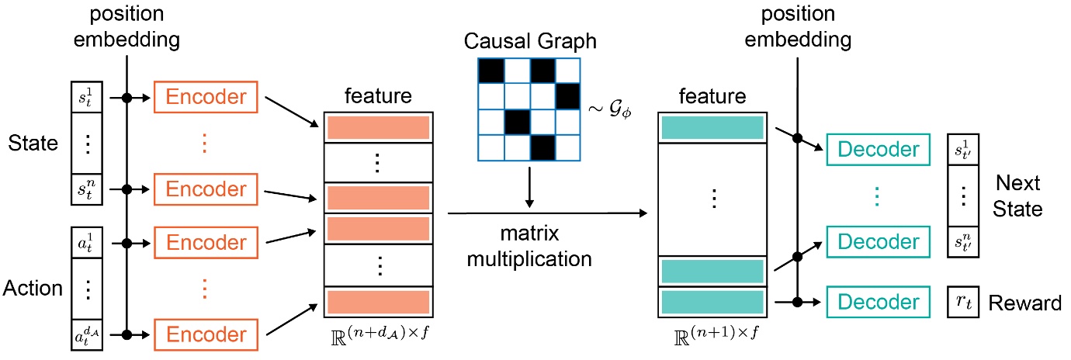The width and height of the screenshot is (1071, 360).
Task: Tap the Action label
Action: pyautogui.click(x=32, y=289)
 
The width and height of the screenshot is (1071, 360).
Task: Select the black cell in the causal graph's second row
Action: pyautogui.click(x=567, y=96)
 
